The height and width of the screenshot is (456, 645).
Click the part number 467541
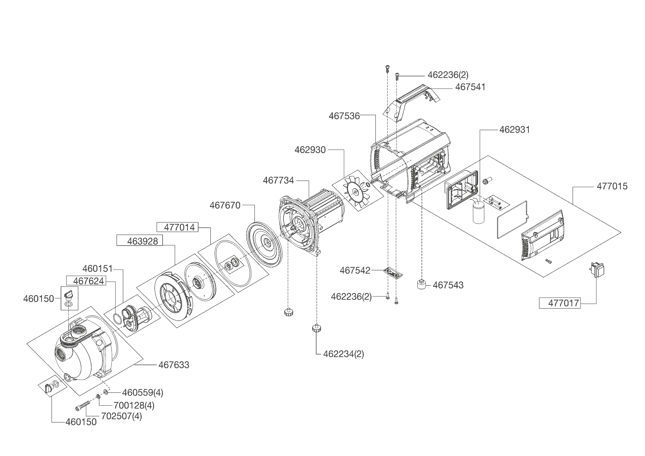pyautogui.click(x=470, y=87)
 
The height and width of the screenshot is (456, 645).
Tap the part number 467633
pyautogui.click(x=174, y=365)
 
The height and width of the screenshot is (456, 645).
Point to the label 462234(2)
pyautogui.click(x=343, y=354)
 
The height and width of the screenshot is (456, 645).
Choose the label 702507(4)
pyautogui.click(x=121, y=417)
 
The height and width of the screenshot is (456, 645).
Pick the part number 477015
pyautogui.click(x=612, y=186)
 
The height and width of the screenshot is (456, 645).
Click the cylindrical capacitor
pyautogui.click(x=479, y=212)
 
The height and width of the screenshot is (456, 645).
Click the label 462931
pyautogui.click(x=514, y=130)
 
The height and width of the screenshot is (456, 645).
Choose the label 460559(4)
pyautogui.click(x=143, y=392)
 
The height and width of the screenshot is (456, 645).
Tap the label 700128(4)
pyautogui.click(x=134, y=406)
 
